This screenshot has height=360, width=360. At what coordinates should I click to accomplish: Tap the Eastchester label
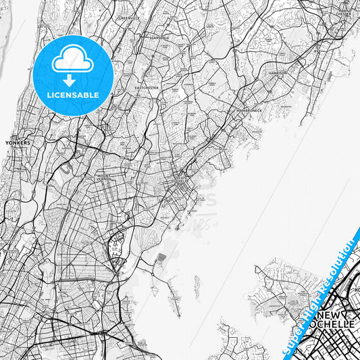pos(146,87)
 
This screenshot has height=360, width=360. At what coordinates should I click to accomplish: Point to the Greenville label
pos(128,18)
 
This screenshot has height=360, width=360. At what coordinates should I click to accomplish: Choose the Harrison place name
pos(278,72)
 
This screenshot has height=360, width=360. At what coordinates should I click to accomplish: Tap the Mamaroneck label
pos(248,109)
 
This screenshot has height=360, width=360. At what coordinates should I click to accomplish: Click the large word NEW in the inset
pos(332,315)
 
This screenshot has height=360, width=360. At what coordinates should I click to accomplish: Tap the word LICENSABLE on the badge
pos(73,95)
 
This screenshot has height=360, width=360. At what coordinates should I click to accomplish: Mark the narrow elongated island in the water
pos(197,287)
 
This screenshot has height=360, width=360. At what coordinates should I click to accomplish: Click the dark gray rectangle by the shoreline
pos(161,259)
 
